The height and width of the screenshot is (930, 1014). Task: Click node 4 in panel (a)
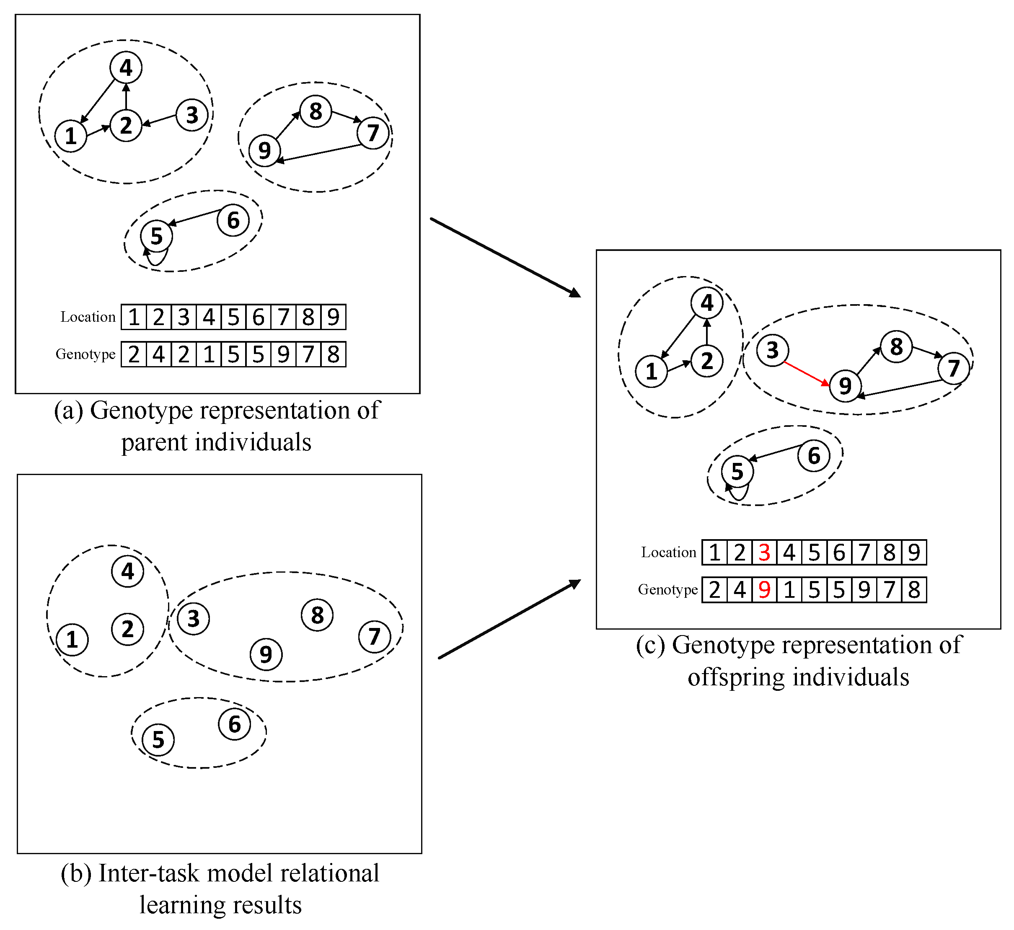click(x=126, y=67)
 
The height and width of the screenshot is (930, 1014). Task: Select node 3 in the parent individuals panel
click(x=192, y=115)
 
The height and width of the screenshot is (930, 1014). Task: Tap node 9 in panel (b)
click(x=266, y=654)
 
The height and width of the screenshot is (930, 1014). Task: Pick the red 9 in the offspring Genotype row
click(x=764, y=590)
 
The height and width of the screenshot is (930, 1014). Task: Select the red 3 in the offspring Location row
click(x=764, y=553)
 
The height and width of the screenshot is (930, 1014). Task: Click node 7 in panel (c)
click(x=953, y=368)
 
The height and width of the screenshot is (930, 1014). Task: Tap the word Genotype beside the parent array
click(x=85, y=354)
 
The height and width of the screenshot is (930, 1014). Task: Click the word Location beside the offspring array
click(x=668, y=553)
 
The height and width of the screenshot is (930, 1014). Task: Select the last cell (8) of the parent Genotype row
click(x=333, y=354)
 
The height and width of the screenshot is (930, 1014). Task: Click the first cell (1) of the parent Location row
click(x=134, y=317)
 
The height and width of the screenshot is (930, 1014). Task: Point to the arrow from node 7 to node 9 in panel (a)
click(x=318, y=153)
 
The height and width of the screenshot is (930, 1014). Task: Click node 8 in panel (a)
click(x=316, y=111)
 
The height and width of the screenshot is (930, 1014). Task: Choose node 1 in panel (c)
click(x=651, y=372)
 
